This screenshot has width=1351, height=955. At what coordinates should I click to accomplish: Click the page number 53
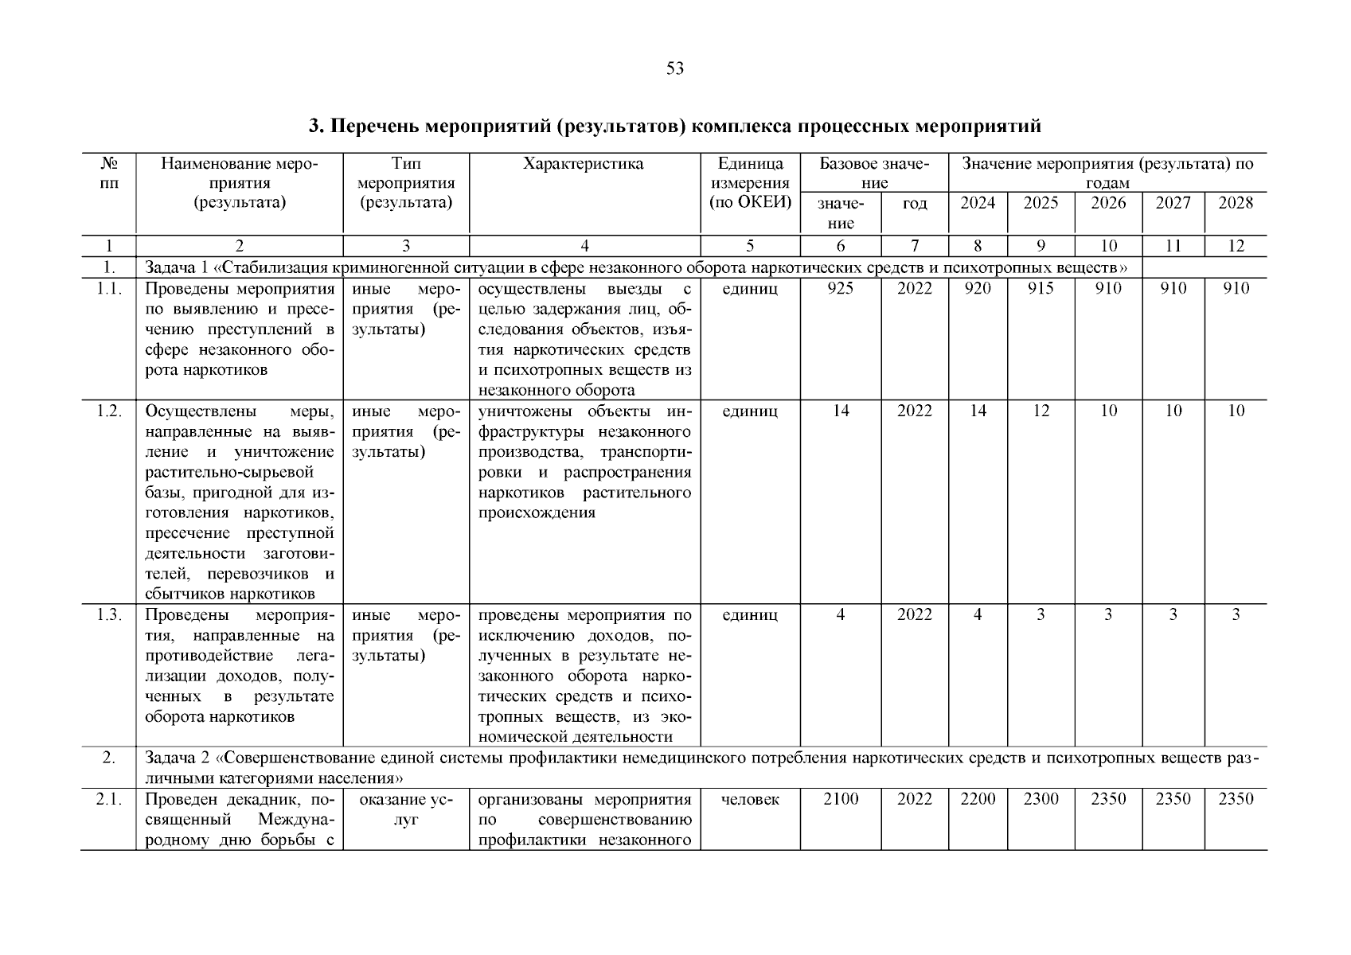pos(674,68)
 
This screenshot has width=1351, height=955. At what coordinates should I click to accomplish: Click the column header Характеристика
pos(584,164)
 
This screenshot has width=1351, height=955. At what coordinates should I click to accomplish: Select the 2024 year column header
pos(977,203)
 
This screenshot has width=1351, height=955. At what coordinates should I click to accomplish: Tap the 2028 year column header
pos(1235,203)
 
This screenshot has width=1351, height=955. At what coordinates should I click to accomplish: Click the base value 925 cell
pos(840,288)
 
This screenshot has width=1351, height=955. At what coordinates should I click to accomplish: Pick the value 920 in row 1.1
pos(977,288)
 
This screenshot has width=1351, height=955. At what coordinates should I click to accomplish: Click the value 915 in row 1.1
pos(1040,288)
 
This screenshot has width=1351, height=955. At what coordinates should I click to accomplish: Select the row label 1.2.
pos(108,411)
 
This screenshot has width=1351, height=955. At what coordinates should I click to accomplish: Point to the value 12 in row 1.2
pos(1040,411)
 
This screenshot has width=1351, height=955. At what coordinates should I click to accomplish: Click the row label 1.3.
pos(108,614)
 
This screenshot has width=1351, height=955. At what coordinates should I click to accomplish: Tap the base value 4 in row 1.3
pos(840,614)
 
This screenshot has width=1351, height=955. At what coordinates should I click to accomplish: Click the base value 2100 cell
pos(840,799)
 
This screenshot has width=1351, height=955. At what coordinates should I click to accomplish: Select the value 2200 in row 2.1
pos(977,799)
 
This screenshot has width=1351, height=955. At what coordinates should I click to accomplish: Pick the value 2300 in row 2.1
pos(1040,799)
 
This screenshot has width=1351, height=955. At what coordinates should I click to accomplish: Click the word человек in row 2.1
pos(750,799)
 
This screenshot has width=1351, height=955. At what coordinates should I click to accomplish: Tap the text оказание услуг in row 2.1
pos(406,809)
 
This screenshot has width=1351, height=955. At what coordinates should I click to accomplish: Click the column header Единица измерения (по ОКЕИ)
pos(750,183)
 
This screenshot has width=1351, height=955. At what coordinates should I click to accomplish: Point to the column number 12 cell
pos(1235,246)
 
